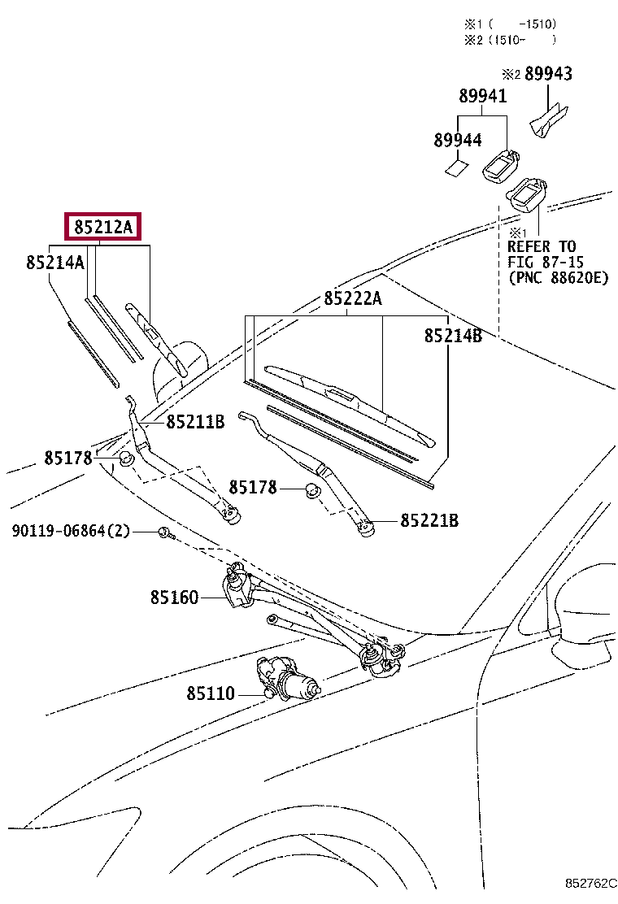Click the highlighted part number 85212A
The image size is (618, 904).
pyautogui.click(x=104, y=227)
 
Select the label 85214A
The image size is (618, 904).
pyautogui.click(x=55, y=262)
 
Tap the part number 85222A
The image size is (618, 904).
pyautogui.click(x=353, y=298)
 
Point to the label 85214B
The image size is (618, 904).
pyautogui.click(x=453, y=335)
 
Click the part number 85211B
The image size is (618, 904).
pyautogui.click(x=195, y=422)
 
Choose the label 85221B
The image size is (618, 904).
pyautogui.click(x=429, y=520)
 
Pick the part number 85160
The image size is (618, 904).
pyautogui.click(x=174, y=598)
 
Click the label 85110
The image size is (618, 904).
pyautogui.click(x=211, y=693)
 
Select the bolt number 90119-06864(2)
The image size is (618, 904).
pyautogui.click(x=72, y=531)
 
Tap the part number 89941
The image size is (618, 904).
pyautogui.click(x=482, y=96)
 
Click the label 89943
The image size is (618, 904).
pyautogui.click(x=548, y=74)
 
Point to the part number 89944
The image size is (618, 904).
pyautogui.click(x=457, y=140)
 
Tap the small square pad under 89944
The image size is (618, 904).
pyautogui.click(x=456, y=168)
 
